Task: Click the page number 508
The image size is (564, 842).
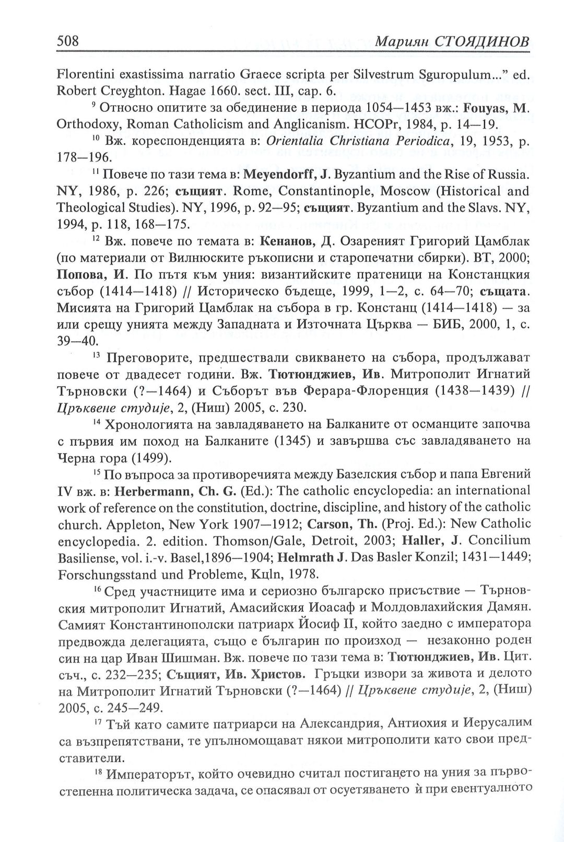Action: pos(67,40)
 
